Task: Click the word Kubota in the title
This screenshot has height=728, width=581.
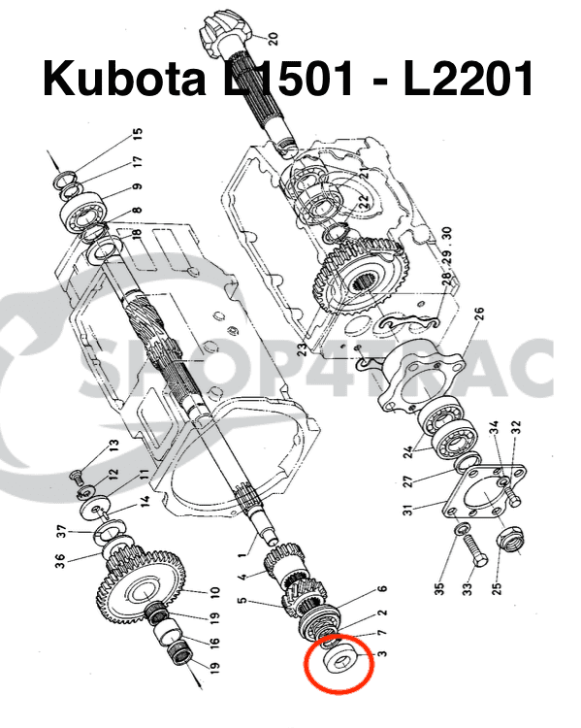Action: [x=119, y=79]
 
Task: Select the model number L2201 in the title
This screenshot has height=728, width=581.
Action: [x=468, y=79]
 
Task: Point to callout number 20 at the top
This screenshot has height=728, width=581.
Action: [x=273, y=39]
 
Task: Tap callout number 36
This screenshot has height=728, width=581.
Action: [x=60, y=561]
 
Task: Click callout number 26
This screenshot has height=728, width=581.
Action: [x=478, y=314]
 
